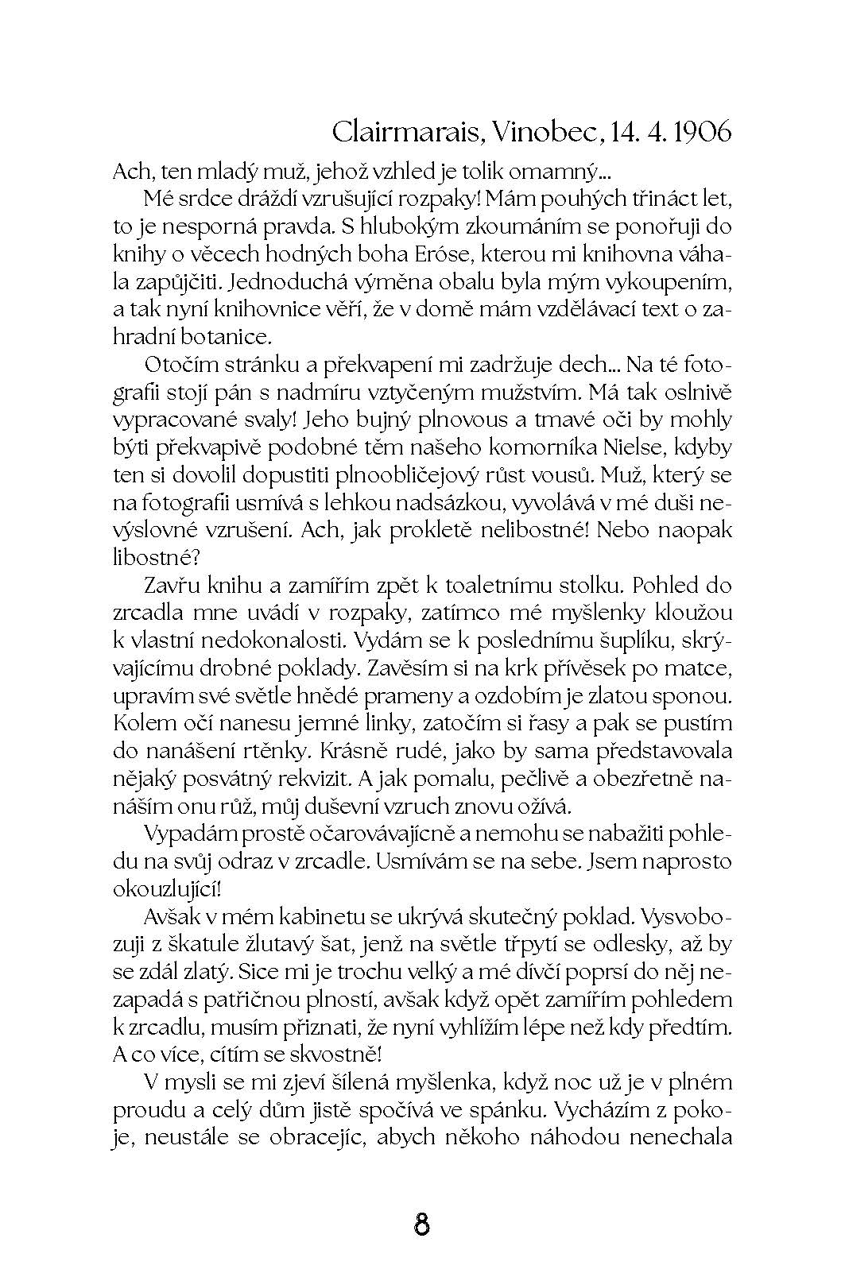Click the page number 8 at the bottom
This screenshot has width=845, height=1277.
[422, 1223]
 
